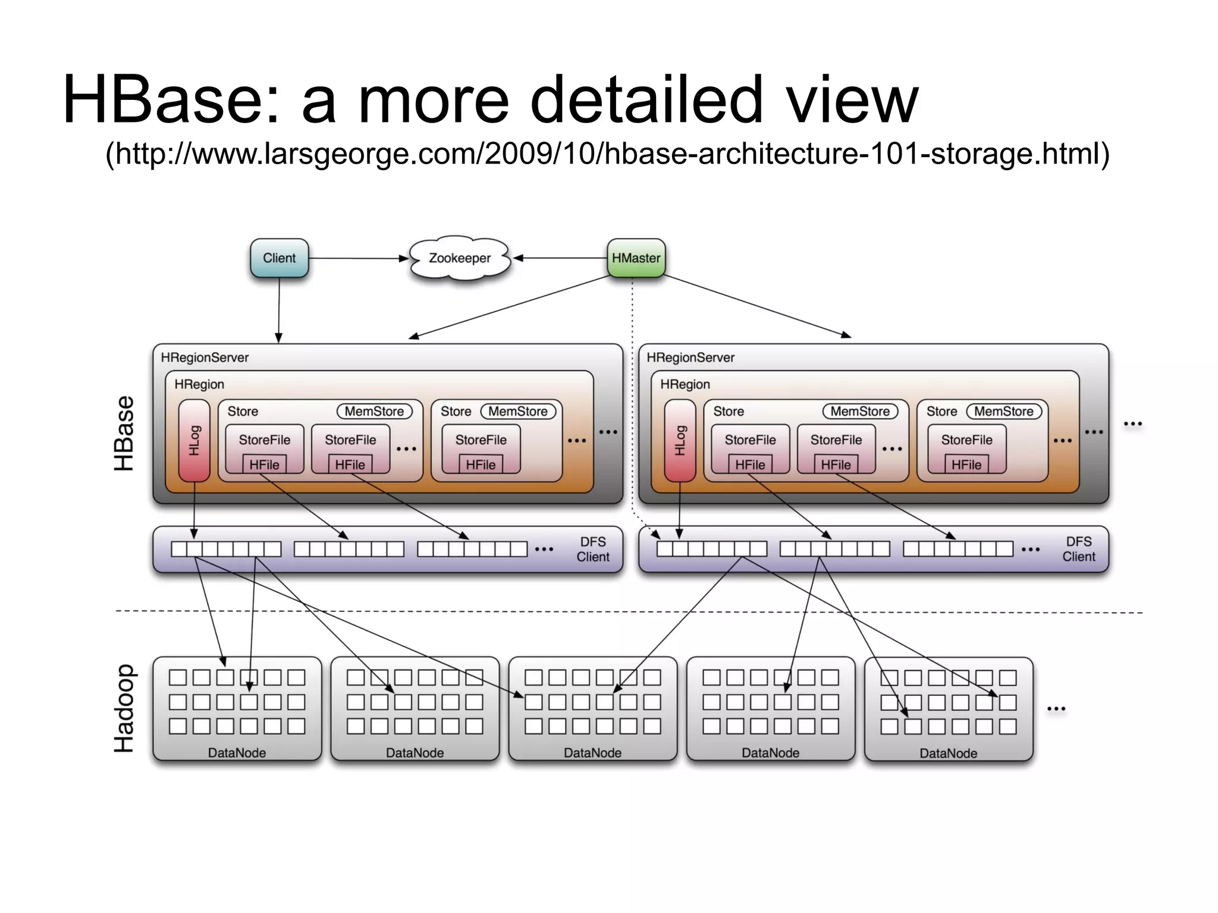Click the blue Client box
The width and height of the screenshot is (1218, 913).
[x=279, y=258]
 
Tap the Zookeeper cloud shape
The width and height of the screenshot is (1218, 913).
[x=460, y=258]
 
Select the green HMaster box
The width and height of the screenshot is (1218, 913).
[x=636, y=258]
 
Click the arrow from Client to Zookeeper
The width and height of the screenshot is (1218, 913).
[x=357, y=258]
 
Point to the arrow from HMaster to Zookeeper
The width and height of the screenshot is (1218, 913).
[x=559, y=258]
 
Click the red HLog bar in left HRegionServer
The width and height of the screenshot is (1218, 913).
[x=194, y=440]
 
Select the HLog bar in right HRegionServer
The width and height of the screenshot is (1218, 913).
[x=680, y=440]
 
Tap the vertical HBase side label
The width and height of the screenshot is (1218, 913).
[x=124, y=434]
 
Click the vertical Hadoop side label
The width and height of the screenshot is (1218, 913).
[x=124, y=708]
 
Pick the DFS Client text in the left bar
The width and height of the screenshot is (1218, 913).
[x=593, y=549]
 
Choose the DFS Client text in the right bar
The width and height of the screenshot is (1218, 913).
[x=1078, y=549]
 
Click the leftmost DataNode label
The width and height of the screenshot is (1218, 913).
[x=237, y=753]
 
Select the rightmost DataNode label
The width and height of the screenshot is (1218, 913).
[x=948, y=754]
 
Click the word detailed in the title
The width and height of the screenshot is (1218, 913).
[x=646, y=99]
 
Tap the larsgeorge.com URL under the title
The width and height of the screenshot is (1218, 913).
[x=607, y=153]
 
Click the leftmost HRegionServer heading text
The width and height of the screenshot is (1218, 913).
[x=205, y=357]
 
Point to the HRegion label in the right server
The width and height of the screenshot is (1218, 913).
[x=685, y=384]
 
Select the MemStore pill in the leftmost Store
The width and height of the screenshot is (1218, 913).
[x=374, y=411]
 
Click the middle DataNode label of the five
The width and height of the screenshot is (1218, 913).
[x=592, y=753]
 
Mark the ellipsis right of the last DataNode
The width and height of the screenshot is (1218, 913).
[x=1056, y=709]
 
